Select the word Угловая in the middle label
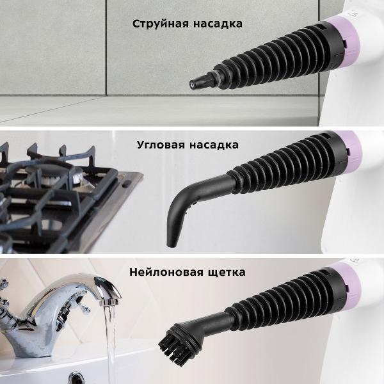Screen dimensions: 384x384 pos(160,145)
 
